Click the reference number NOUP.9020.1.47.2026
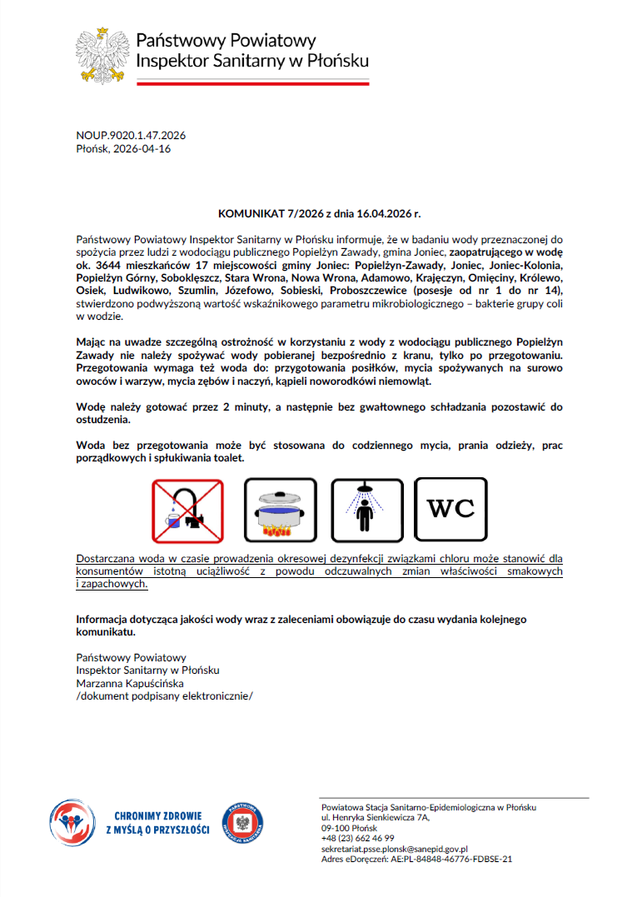[x=130, y=136]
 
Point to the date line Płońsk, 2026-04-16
[x=122, y=148]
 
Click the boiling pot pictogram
[x=281, y=511]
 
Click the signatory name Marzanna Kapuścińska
[x=129, y=683]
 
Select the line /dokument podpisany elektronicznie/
[x=164, y=696]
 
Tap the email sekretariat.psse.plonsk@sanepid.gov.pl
[x=394, y=848]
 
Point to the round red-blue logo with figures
[x=70, y=821]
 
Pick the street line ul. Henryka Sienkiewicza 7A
[x=376, y=818]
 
